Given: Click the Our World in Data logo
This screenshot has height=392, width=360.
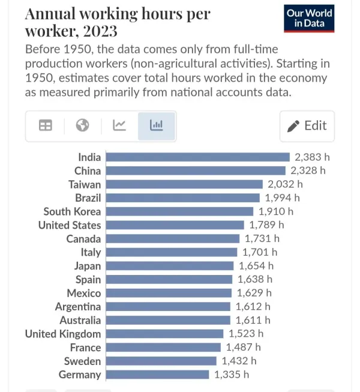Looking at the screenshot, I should point(309,18).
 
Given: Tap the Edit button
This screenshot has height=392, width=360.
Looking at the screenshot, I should point(307,125).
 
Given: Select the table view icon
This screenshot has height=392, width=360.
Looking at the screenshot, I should point(46,125).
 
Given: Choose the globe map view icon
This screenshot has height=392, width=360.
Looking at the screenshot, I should point(83,125).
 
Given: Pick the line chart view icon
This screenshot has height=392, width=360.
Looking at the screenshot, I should point(119,125).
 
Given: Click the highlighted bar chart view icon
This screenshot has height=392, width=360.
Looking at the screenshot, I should point(156,125).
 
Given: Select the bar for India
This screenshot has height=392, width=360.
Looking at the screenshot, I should point(197,157).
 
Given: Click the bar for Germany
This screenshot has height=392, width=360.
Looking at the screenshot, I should point(157,375).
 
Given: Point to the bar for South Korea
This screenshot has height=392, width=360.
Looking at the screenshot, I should point(179,211).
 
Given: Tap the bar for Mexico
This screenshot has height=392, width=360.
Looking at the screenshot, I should point(169,293).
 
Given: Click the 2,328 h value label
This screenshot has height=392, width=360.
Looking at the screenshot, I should point(308,170).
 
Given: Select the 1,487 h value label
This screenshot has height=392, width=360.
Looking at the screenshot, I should point(243,348).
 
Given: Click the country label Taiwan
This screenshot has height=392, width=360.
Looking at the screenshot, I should point(85,184).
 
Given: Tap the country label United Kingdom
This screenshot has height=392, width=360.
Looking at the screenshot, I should point(63,334).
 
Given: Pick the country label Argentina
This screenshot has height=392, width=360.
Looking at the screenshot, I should point(78,307).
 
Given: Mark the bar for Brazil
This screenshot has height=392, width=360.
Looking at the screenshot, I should point(182,198).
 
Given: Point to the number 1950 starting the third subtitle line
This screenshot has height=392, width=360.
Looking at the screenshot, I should point(41,78).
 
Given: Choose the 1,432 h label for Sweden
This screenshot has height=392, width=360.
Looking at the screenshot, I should point(239,361).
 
